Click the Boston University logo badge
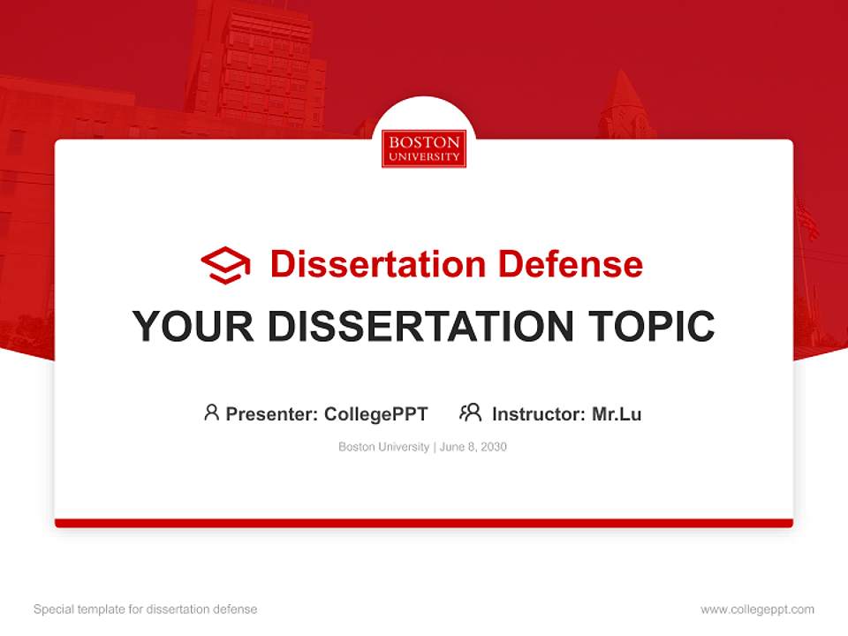424,148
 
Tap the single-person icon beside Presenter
211,413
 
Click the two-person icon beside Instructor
470,413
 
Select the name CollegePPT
375,413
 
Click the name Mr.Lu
617,413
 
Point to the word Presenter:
272,413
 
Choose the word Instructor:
538,413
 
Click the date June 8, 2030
473,447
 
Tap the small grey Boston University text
383,447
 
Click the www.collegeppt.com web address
757,609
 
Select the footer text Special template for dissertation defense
146,609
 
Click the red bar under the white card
424,523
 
